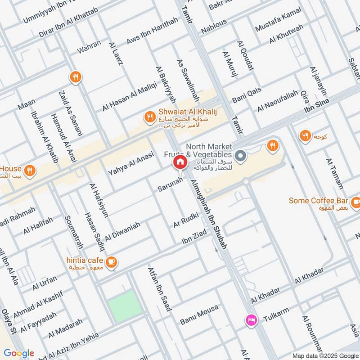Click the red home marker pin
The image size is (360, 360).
point(180,162)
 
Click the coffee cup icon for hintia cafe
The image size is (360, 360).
point(111,261)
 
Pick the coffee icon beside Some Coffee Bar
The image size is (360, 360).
point(355,201)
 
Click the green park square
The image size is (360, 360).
point(124,306)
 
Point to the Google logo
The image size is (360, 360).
point(19,353)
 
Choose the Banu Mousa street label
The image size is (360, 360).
point(199,315)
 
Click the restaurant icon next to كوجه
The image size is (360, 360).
point(305,135)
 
